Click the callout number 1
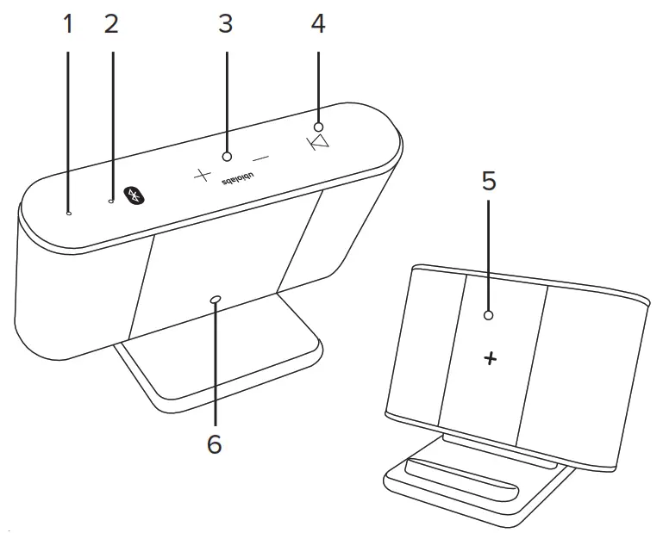(x=68, y=24)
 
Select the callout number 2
(x=110, y=24)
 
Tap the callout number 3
(x=226, y=24)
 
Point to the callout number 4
(x=318, y=24)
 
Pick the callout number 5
(x=488, y=182)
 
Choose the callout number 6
(x=214, y=443)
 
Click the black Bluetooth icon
(x=134, y=195)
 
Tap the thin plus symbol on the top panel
(x=202, y=176)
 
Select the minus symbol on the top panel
(x=260, y=158)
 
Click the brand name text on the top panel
(x=236, y=182)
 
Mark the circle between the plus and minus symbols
(x=227, y=157)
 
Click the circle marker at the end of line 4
(x=318, y=127)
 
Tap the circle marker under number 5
(x=489, y=316)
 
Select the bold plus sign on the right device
(x=491, y=359)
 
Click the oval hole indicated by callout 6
(x=215, y=300)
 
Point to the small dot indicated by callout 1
(x=69, y=212)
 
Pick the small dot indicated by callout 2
(x=111, y=201)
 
